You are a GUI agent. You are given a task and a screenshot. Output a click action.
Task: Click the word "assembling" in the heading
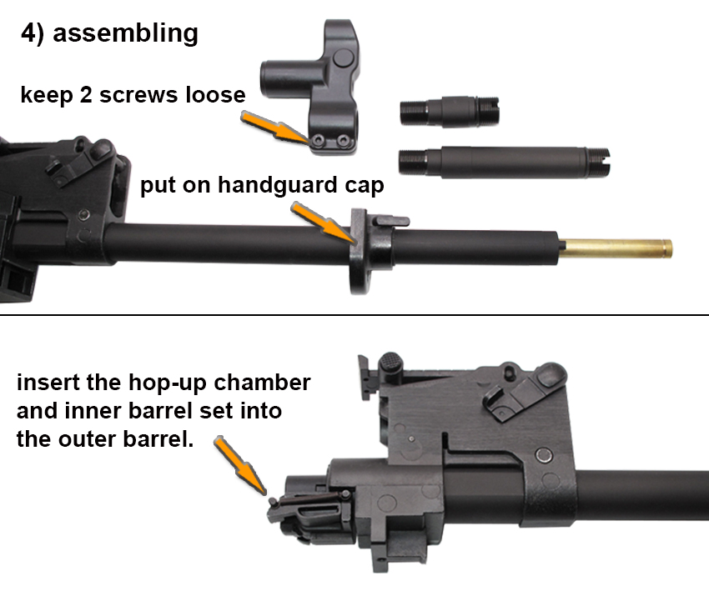pos(125,34)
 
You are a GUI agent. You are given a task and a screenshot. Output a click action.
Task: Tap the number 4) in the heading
pos(33,33)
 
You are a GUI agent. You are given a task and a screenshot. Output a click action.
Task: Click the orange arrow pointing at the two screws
pos(276,128)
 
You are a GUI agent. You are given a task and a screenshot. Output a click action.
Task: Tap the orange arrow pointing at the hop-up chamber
pos(240,465)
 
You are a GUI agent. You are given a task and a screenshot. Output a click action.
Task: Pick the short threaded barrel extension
pos(450,111)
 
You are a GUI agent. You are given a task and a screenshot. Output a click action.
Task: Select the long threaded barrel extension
pos(504,163)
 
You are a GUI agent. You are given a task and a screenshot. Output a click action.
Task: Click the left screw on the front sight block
pos(319,141)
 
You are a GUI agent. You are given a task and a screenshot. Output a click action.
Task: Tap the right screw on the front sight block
pos(344,141)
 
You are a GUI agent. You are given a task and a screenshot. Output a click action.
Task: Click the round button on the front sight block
pos(343,58)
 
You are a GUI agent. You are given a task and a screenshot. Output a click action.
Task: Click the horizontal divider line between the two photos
pos(354,315)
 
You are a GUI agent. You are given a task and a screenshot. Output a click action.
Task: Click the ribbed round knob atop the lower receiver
pos(391,363)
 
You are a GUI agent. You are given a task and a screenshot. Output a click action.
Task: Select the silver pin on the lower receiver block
pos(544,455)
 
